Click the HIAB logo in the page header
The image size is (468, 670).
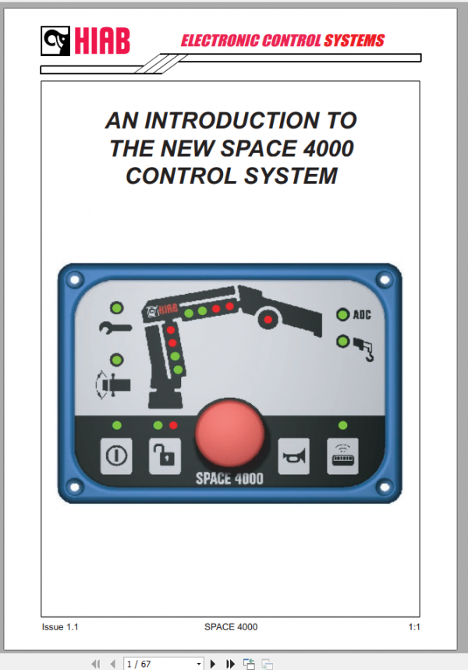pyautogui.click(x=85, y=41)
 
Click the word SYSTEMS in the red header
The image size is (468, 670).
pyautogui.click(x=349, y=41)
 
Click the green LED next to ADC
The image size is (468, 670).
pyautogui.click(x=342, y=315)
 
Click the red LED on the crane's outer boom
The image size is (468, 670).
pyautogui.click(x=268, y=319)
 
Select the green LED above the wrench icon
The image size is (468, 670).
pyautogui.click(x=116, y=307)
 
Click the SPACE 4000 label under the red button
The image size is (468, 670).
pyautogui.click(x=229, y=478)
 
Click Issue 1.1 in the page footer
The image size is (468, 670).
pyautogui.click(x=60, y=626)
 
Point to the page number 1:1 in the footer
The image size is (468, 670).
pyautogui.click(x=414, y=626)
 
